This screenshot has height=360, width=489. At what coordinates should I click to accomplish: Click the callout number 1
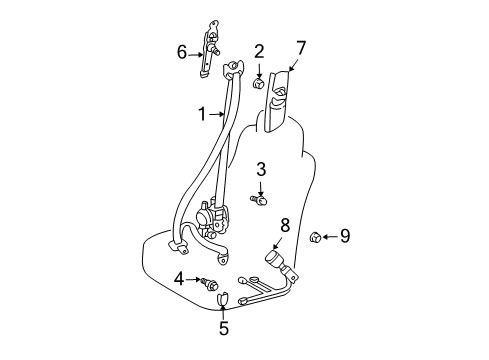click(x=202, y=114)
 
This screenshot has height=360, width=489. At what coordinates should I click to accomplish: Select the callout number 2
click(x=259, y=52)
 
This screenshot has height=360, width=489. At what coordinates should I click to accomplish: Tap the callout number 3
click(x=261, y=169)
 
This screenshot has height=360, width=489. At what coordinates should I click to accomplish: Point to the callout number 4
click(x=179, y=279)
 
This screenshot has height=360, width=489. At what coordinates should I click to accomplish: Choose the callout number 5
click(x=224, y=328)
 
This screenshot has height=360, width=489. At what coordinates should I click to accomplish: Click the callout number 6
click(x=182, y=52)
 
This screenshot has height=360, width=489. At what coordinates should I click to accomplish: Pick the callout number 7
click(x=301, y=48)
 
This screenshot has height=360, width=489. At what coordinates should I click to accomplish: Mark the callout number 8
click(x=285, y=225)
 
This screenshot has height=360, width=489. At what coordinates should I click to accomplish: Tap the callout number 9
click(x=345, y=236)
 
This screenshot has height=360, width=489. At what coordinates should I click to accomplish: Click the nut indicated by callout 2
click(x=258, y=83)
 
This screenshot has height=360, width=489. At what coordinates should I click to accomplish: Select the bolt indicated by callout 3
click(x=259, y=200)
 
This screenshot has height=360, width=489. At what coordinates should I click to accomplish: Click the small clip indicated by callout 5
click(x=223, y=299)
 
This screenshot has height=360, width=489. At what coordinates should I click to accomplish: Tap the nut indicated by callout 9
click(x=315, y=237)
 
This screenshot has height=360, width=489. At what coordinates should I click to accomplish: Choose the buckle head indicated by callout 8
click(x=275, y=259)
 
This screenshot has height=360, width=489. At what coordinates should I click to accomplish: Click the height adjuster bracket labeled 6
click(x=209, y=49)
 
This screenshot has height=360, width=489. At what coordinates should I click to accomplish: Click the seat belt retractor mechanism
click(x=212, y=218)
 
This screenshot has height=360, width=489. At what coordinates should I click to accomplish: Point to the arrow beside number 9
click(x=330, y=237)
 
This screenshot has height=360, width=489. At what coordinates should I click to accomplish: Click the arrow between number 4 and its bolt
click(x=193, y=279)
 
